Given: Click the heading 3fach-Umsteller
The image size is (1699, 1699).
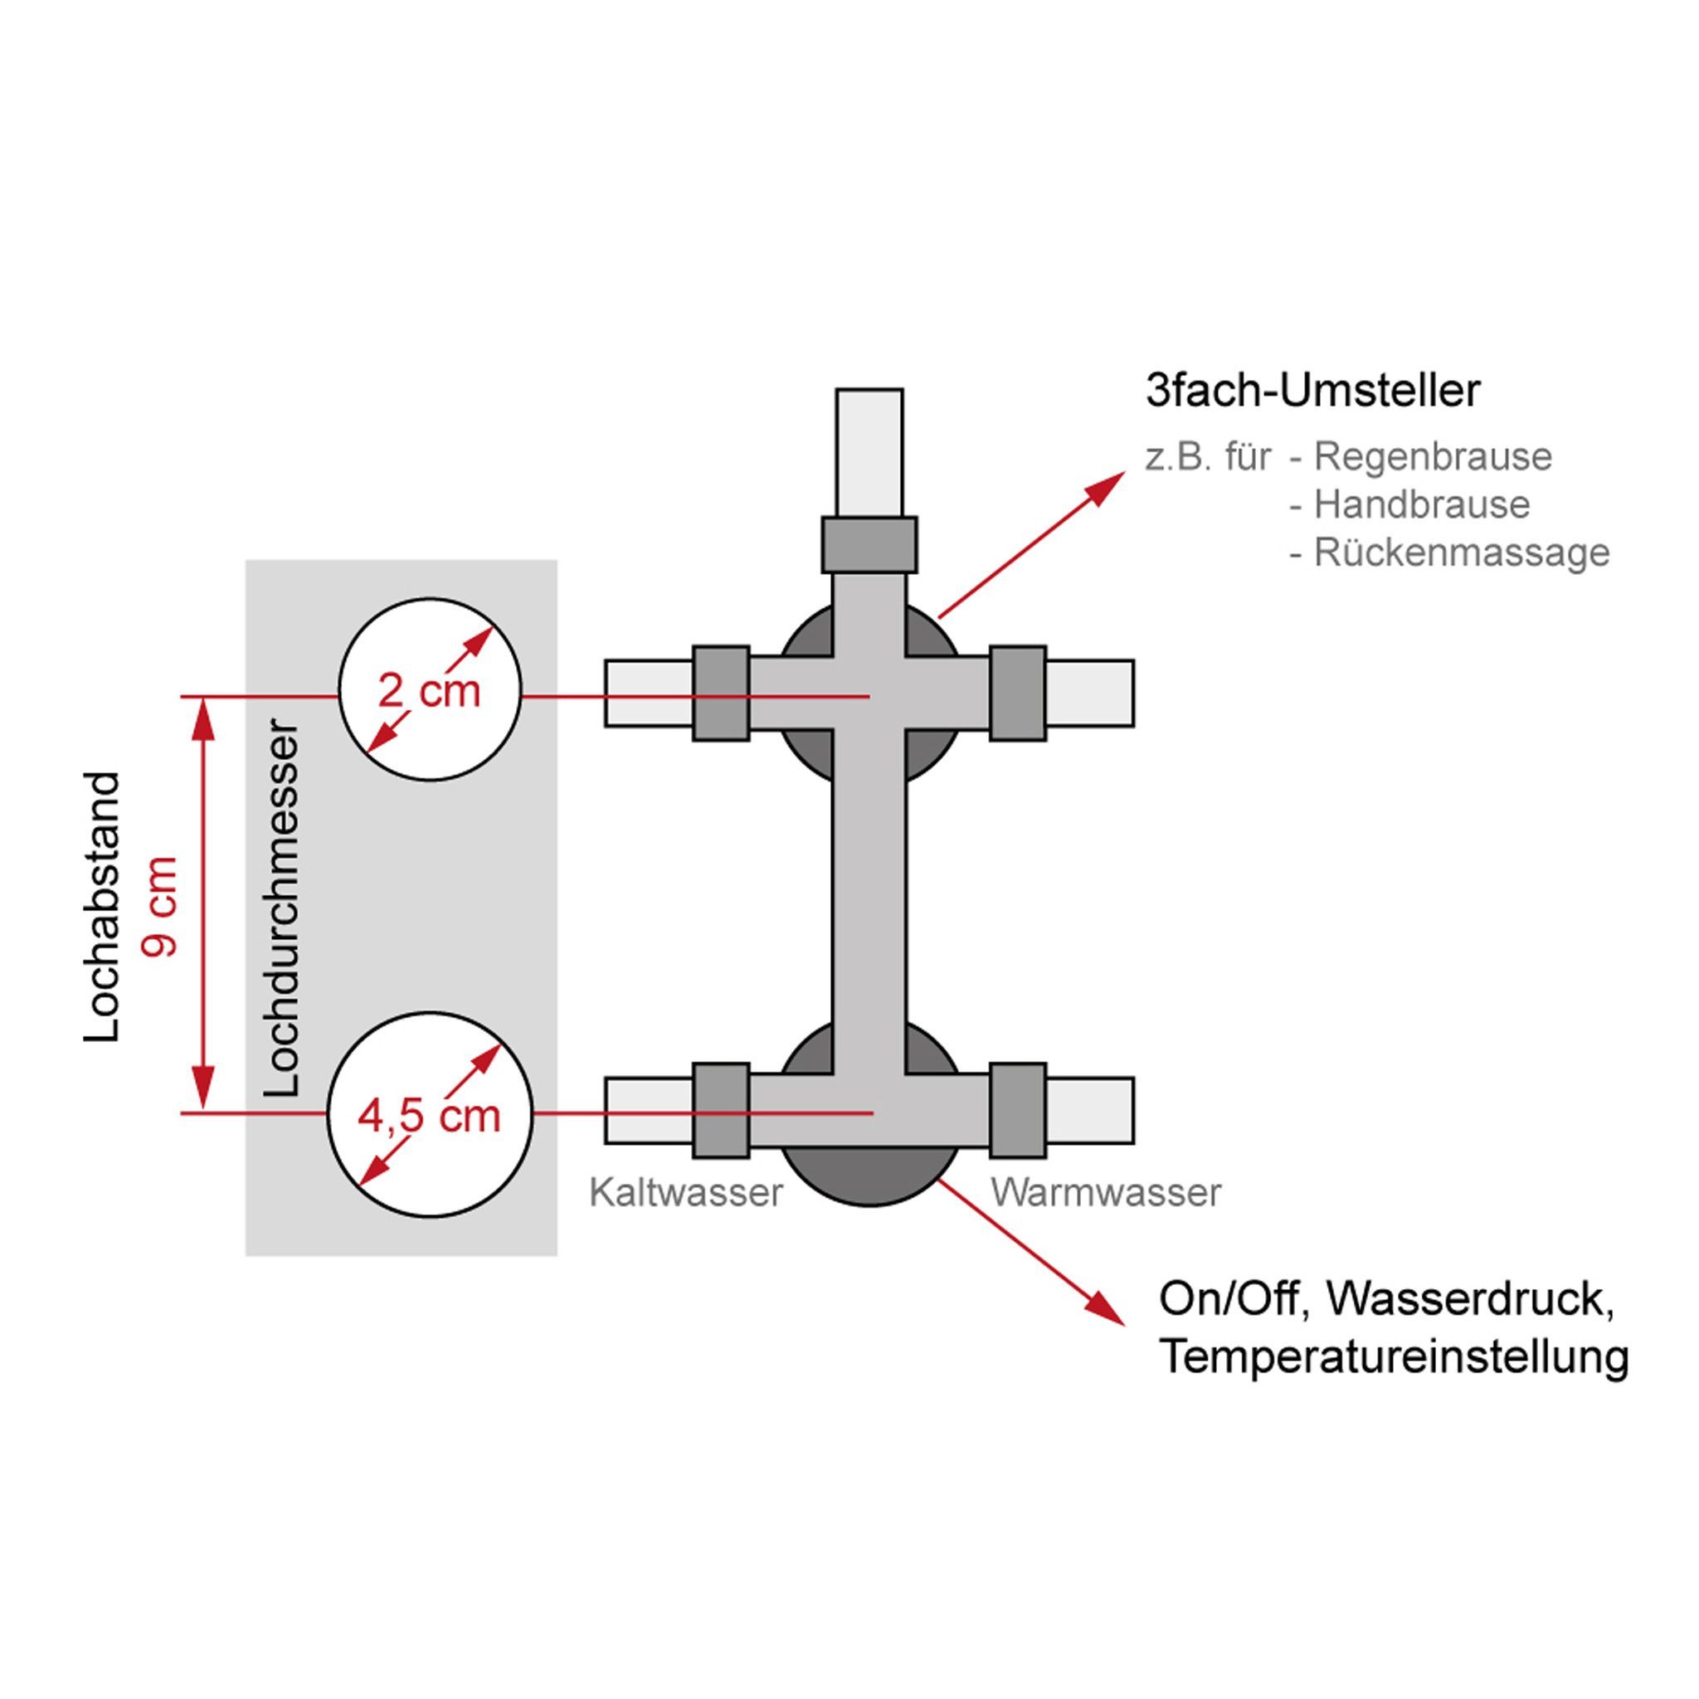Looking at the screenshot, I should coord(1313,392).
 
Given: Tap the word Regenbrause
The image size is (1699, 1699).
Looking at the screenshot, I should coord(1433,457).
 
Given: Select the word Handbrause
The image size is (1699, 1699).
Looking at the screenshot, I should coord(1421,504).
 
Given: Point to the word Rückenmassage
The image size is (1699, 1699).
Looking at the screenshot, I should coord(1462,553).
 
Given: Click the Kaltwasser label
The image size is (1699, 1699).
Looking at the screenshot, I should coord(686,1193).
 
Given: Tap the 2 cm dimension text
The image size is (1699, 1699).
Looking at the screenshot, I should coord(429,691).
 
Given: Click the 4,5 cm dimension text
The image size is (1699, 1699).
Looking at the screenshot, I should coord(429,1117).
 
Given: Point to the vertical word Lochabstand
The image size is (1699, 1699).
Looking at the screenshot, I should coord(102,908).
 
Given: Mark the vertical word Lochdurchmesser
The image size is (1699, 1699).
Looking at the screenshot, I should coord(282,908).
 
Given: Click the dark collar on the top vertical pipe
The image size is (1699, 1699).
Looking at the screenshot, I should coord(869,544).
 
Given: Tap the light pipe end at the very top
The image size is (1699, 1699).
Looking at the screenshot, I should coord(869,451).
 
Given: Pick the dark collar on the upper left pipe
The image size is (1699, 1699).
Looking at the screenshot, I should coord(721,694).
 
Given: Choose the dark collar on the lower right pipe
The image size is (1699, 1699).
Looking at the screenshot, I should coord(1017,1111).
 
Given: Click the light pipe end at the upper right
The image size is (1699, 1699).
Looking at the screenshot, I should coord(1089,694).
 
